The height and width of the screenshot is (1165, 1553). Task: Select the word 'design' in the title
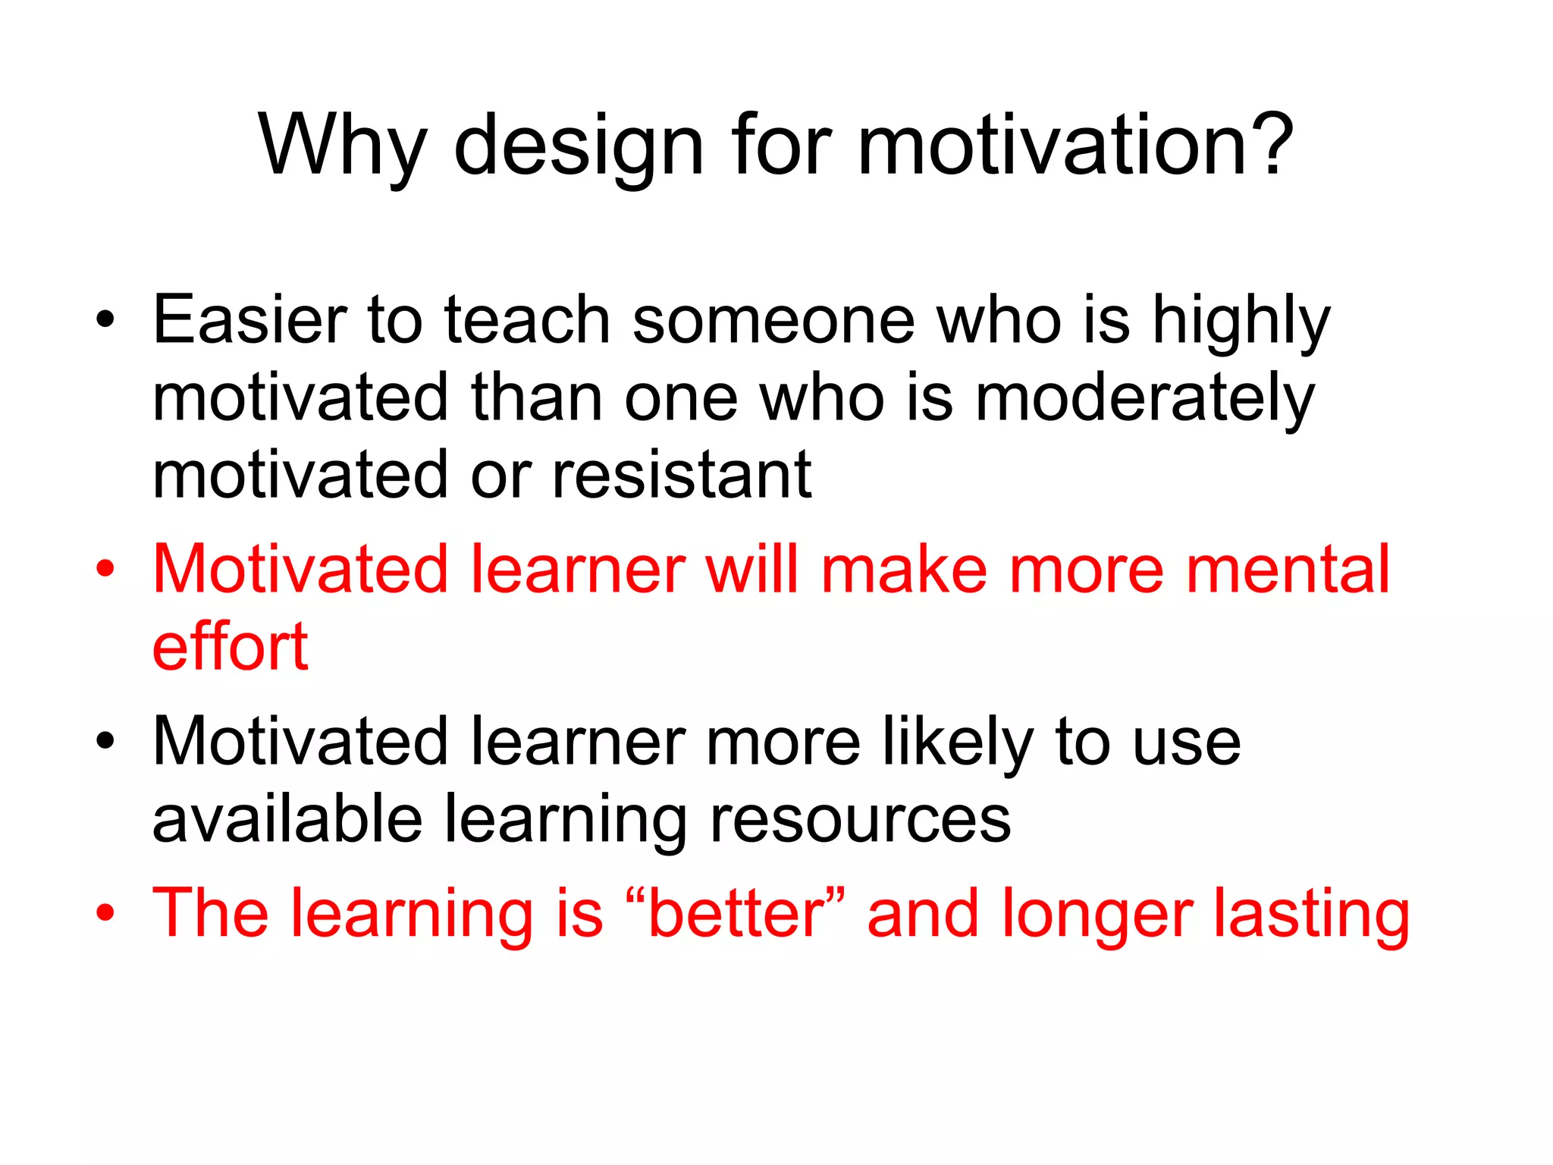pyautogui.click(x=579, y=146)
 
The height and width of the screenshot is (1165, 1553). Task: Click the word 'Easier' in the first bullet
pyautogui.click(x=249, y=322)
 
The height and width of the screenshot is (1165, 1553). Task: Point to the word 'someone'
pyautogui.click(x=773, y=322)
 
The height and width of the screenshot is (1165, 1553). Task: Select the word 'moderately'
pyautogui.click(x=1144, y=400)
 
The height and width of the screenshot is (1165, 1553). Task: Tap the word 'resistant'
pyautogui.click(x=682, y=476)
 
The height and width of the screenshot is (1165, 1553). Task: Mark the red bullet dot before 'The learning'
pyautogui.click(x=105, y=913)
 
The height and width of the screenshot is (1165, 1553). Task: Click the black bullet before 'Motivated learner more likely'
pyautogui.click(x=105, y=742)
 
